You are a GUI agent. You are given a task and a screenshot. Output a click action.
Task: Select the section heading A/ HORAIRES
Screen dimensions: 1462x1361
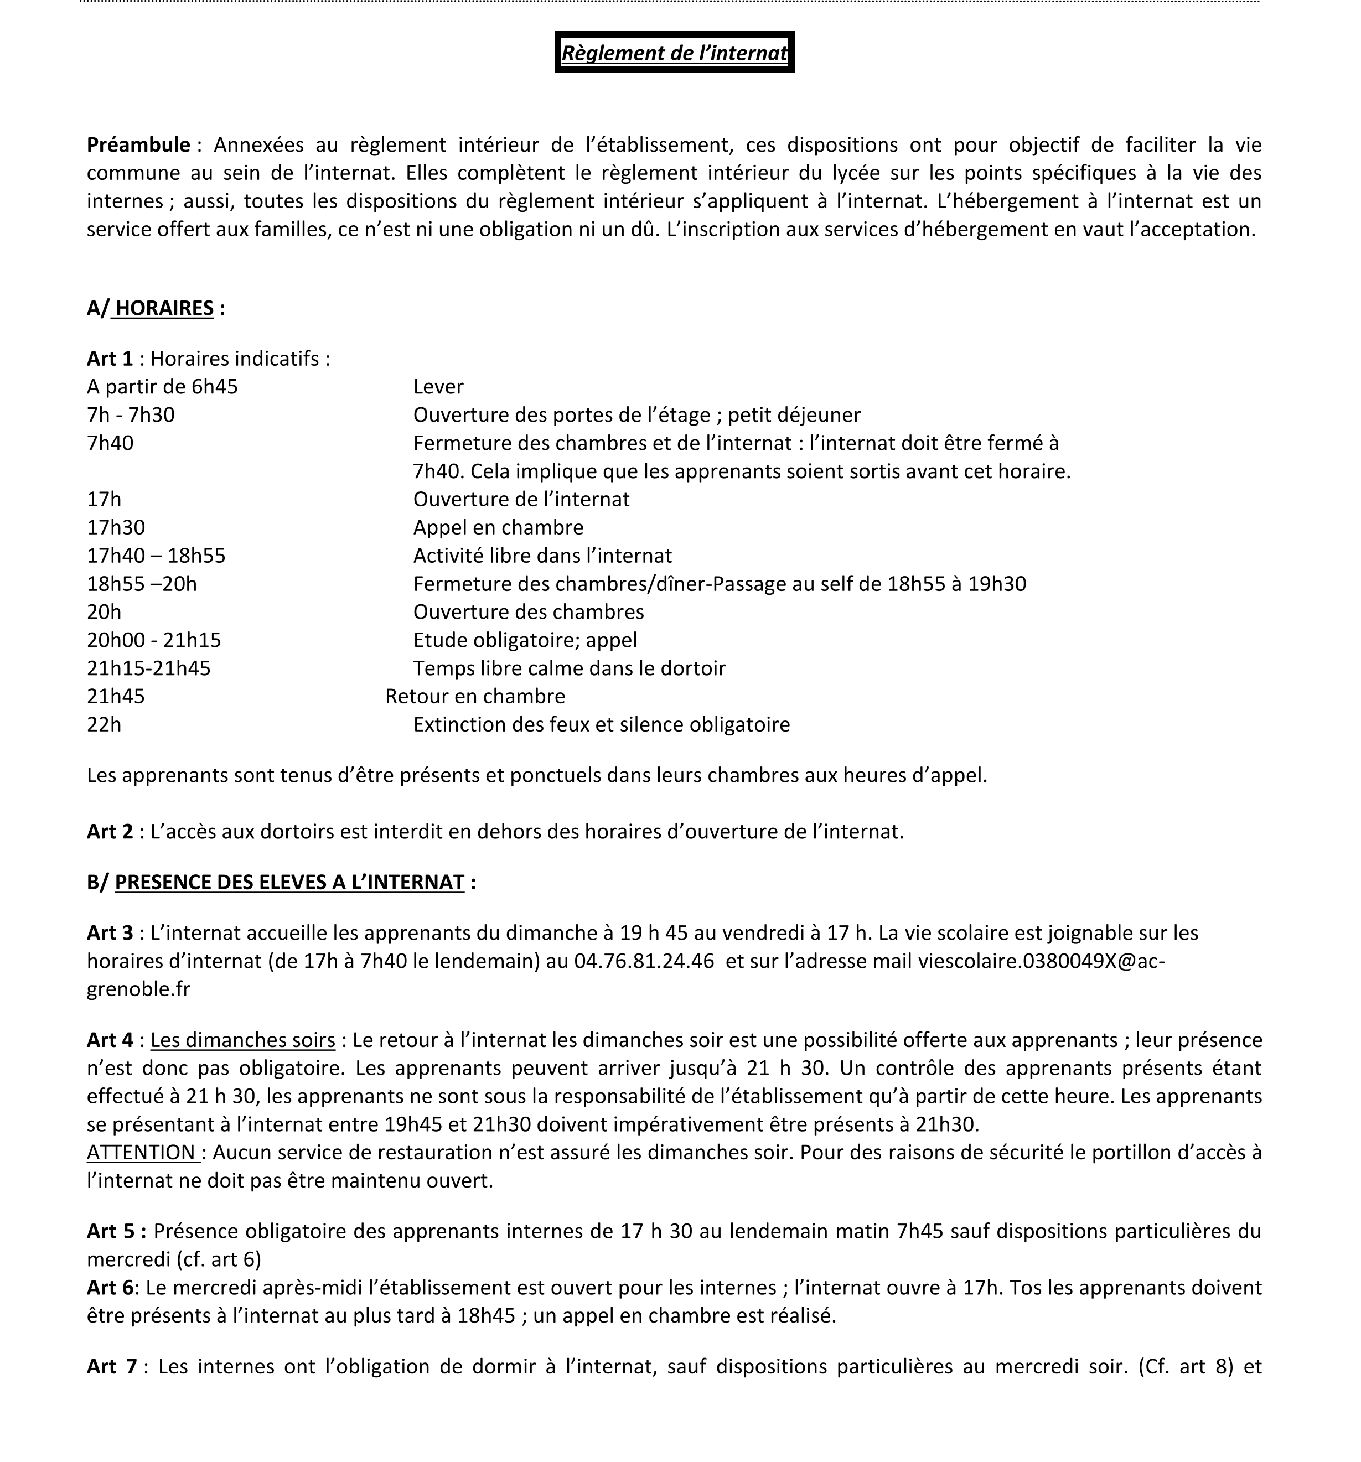click(x=155, y=308)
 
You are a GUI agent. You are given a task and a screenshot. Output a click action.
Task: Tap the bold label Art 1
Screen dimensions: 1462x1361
click(x=110, y=359)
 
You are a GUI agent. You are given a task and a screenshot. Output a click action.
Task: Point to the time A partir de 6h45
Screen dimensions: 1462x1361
click(x=162, y=387)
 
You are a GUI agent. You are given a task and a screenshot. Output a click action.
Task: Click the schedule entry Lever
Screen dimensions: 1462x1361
click(x=438, y=387)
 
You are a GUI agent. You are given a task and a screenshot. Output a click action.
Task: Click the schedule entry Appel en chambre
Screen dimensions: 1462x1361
click(x=498, y=527)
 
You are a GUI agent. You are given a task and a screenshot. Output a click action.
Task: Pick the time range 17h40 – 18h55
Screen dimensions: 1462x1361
click(x=156, y=555)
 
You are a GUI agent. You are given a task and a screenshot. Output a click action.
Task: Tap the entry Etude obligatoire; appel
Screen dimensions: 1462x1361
click(x=525, y=640)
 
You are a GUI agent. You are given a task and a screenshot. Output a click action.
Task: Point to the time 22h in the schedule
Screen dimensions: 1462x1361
click(x=104, y=724)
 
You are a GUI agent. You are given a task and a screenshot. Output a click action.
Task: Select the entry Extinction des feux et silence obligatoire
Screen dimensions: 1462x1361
click(x=601, y=724)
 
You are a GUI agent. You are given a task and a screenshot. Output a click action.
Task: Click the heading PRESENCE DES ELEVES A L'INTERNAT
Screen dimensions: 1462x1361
click(x=289, y=883)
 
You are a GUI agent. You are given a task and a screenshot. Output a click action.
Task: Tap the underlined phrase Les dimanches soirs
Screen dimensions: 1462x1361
click(x=243, y=1040)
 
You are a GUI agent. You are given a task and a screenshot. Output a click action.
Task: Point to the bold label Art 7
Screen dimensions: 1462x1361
click(x=112, y=1366)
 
